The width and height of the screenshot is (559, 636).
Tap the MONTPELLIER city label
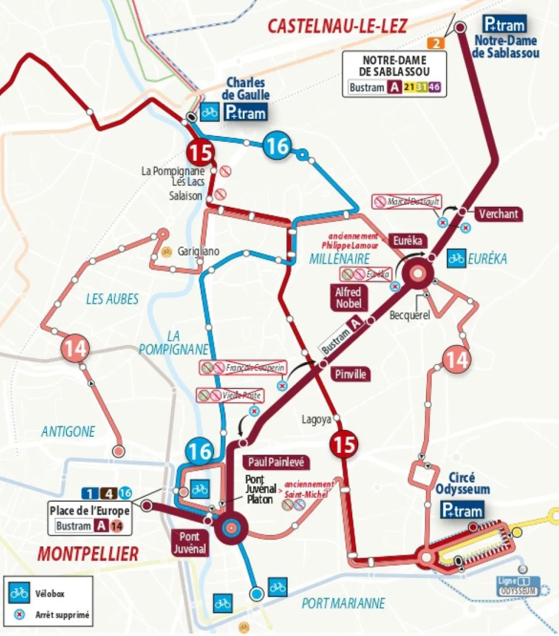(87, 554)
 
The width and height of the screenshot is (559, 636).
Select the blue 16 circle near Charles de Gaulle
(277, 145)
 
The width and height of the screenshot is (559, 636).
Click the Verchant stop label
(498, 214)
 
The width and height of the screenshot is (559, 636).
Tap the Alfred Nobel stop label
(348, 297)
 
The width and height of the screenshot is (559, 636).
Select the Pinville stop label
(350, 374)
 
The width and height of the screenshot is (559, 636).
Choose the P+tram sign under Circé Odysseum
(463, 510)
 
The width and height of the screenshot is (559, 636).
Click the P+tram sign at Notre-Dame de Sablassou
(504, 24)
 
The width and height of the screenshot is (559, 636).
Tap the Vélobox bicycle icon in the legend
(19, 593)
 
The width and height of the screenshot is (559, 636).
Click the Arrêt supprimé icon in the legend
(19, 615)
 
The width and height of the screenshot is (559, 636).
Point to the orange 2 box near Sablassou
(436, 43)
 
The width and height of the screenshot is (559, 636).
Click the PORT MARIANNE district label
(343, 604)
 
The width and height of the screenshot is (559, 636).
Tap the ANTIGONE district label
(68, 432)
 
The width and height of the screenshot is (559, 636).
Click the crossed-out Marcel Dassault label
(408, 202)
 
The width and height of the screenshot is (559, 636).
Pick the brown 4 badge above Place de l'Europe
(108, 493)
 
